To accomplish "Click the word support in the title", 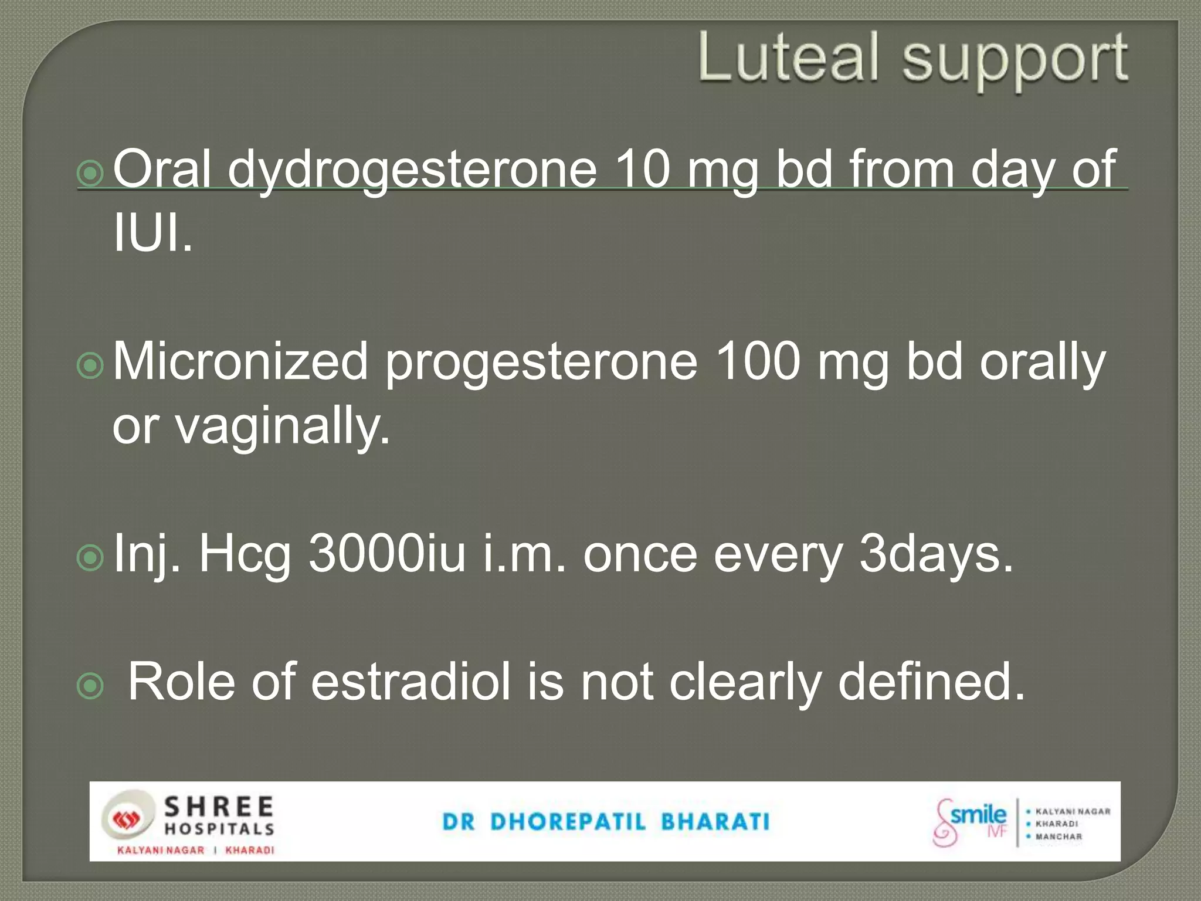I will pos(1014,60).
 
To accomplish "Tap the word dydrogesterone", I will pos(412,170).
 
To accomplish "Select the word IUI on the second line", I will pos(151,233).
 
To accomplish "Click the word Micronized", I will pos(240,362).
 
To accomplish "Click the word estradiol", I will pos(410,682).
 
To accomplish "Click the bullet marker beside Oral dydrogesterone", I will pos(90,174).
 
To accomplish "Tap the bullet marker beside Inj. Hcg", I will pos(90,558).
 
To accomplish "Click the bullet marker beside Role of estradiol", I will pos(90,687).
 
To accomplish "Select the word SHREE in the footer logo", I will pos(218,808).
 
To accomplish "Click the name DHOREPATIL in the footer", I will pos(568,822).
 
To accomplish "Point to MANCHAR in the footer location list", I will pos(1058,836).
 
